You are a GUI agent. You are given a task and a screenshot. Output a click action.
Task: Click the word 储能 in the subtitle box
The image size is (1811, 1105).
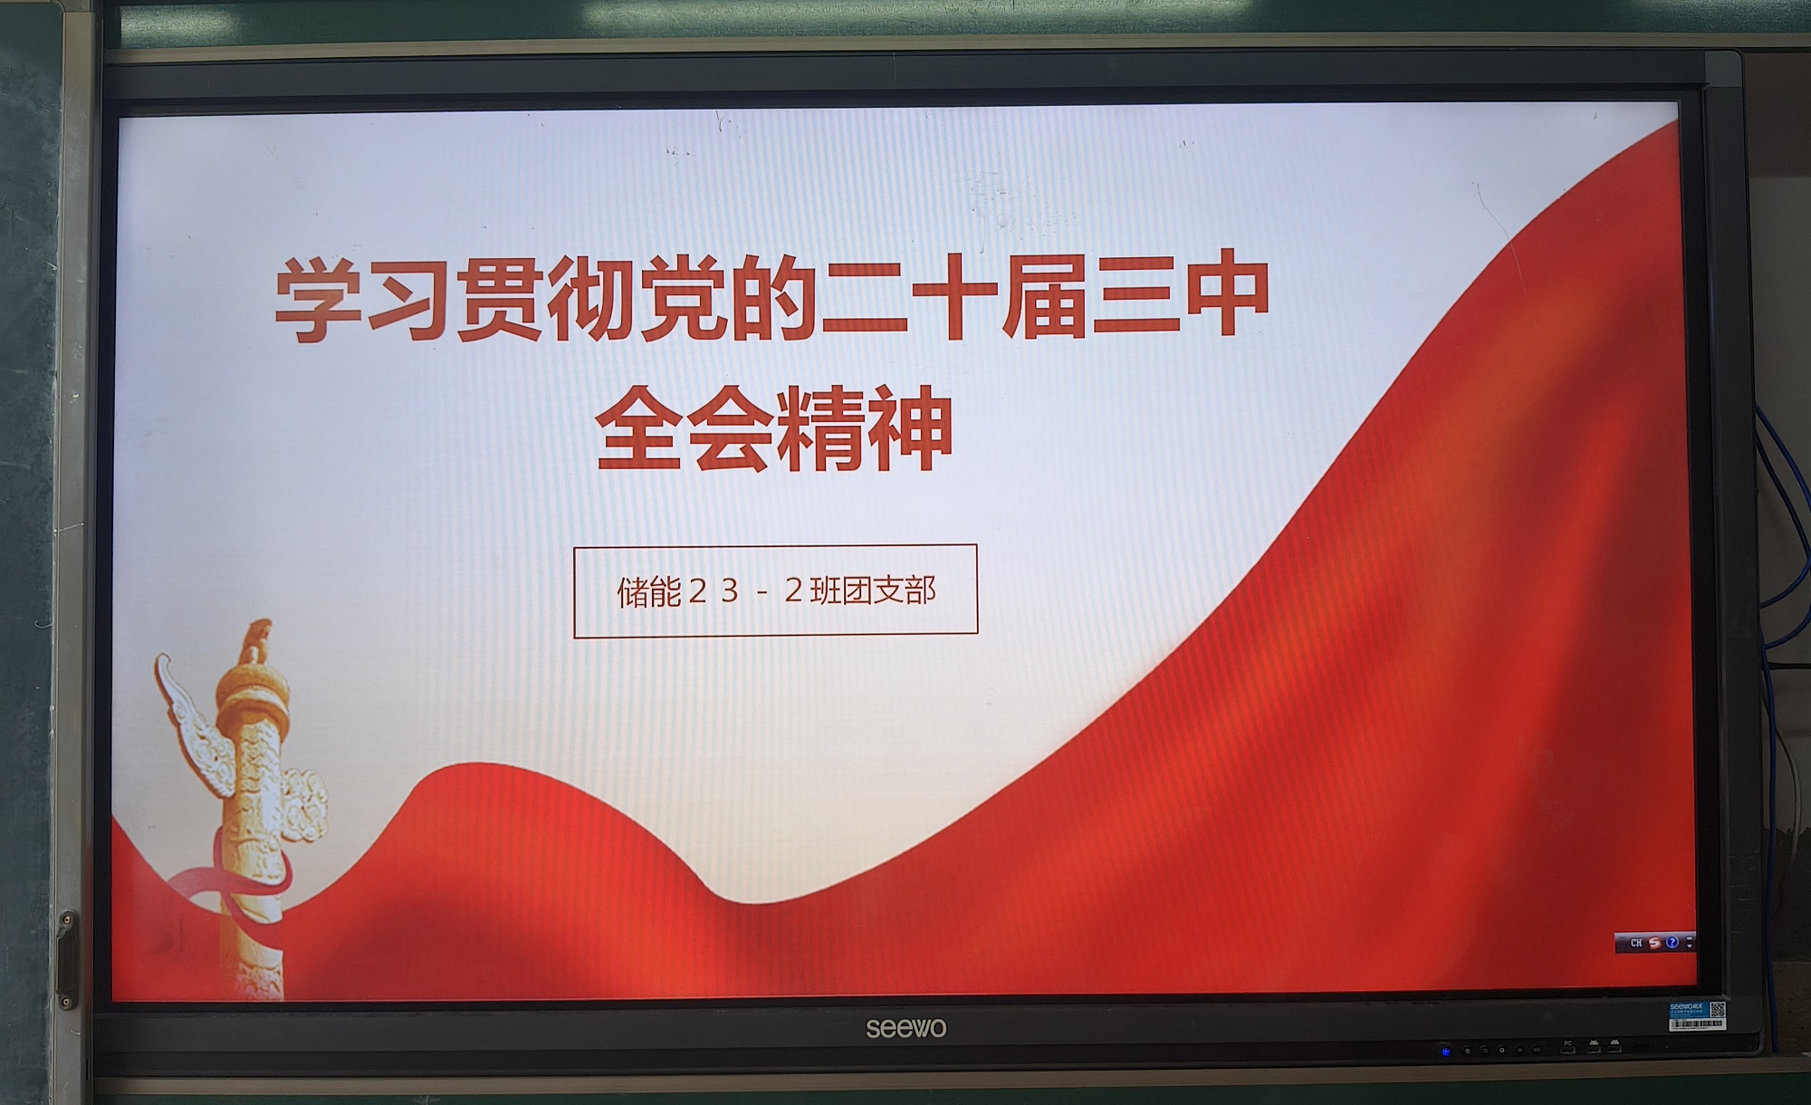(649, 592)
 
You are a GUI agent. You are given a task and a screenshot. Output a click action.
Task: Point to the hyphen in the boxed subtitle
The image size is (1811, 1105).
(762, 593)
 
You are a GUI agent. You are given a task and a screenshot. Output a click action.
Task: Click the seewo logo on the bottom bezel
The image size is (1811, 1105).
(905, 1028)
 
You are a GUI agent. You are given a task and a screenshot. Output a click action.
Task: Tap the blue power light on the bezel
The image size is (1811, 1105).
(1445, 1052)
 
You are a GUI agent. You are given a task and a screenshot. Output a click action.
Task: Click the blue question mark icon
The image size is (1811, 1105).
(1672, 942)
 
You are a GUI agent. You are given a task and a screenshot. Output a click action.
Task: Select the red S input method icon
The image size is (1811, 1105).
(1654, 943)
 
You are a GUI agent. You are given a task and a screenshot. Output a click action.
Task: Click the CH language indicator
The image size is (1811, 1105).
(1636, 943)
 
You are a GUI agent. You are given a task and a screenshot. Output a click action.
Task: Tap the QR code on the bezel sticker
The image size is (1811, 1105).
(1716, 1010)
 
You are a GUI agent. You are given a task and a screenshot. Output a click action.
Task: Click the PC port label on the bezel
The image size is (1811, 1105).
(1567, 1043)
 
